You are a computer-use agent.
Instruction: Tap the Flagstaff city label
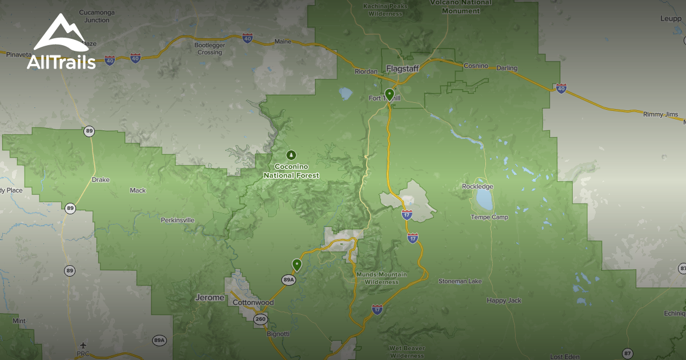tap(402, 69)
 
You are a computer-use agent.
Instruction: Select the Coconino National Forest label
tap(291, 171)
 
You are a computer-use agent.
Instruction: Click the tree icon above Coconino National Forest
tap(291, 155)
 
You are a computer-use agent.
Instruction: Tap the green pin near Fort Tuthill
tap(389, 94)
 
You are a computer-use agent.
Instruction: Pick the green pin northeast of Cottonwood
tap(297, 264)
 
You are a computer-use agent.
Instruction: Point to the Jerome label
tap(209, 298)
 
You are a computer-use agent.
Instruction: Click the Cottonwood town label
tap(253, 302)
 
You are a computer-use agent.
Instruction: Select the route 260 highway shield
tap(261, 319)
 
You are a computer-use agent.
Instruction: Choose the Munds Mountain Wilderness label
tap(381, 278)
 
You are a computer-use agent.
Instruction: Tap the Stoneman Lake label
tap(460, 281)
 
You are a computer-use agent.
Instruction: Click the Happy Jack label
tap(504, 301)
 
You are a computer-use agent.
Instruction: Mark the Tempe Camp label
tap(489, 217)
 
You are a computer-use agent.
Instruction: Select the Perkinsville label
tap(177, 220)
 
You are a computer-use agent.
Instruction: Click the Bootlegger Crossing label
tap(209, 49)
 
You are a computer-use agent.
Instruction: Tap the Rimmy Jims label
tap(660, 114)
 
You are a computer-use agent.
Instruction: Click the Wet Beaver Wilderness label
tap(406, 351)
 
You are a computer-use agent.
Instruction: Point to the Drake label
tap(100, 180)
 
